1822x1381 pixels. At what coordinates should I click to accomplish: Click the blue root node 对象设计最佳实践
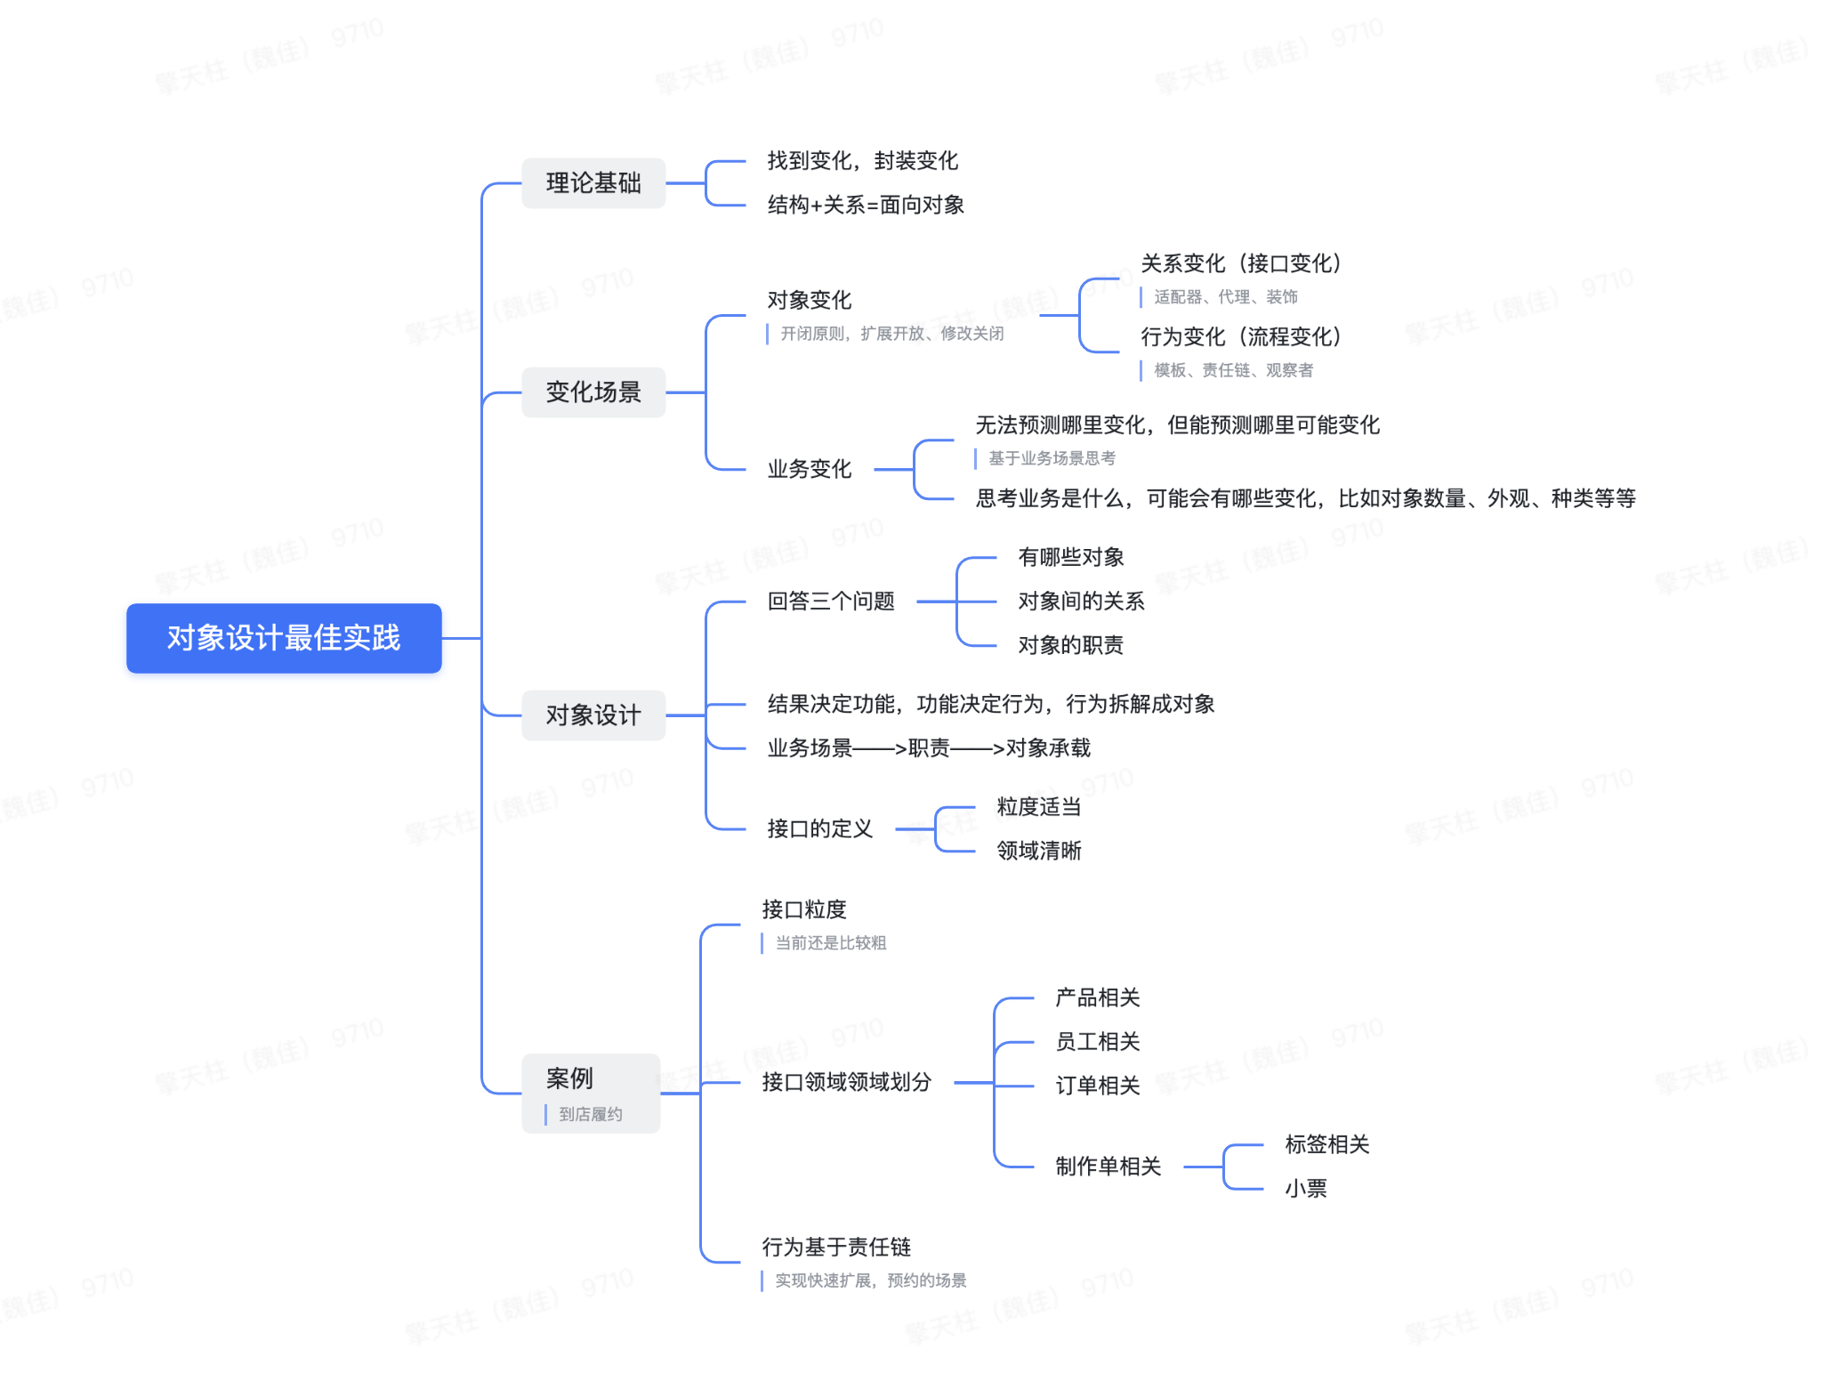(284, 638)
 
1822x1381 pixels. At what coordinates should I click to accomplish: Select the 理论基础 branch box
(593, 183)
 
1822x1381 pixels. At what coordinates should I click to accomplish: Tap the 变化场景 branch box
(593, 392)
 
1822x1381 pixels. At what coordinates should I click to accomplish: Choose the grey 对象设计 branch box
(593, 715)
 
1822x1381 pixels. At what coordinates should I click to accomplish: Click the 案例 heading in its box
(569, 1078)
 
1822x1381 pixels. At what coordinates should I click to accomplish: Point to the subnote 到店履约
(590, 1114)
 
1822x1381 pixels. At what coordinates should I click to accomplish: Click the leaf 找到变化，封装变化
(862, 161)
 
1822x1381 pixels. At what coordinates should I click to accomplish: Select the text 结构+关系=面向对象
(866, 206)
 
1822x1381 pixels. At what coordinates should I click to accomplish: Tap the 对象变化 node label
(810, 301)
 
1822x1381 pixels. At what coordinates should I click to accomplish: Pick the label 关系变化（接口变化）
(1241, 263)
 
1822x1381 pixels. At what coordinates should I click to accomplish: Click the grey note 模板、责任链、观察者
(1233, 370)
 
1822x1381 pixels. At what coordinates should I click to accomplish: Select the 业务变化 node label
(810, 469)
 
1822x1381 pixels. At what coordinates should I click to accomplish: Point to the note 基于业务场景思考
(1052, 458)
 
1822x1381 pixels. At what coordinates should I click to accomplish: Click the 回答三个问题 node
(831, 602)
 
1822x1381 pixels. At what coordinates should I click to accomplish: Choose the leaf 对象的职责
(1070, 645)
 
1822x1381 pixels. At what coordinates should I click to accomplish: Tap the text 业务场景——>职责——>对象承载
(929, 748)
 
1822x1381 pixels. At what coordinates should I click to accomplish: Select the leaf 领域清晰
(1039, 851)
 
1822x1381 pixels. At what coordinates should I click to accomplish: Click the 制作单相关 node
(1108, 1167)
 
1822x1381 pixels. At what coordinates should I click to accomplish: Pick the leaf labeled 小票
(1306, 1189)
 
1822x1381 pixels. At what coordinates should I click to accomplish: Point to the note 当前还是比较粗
(830, 943)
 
